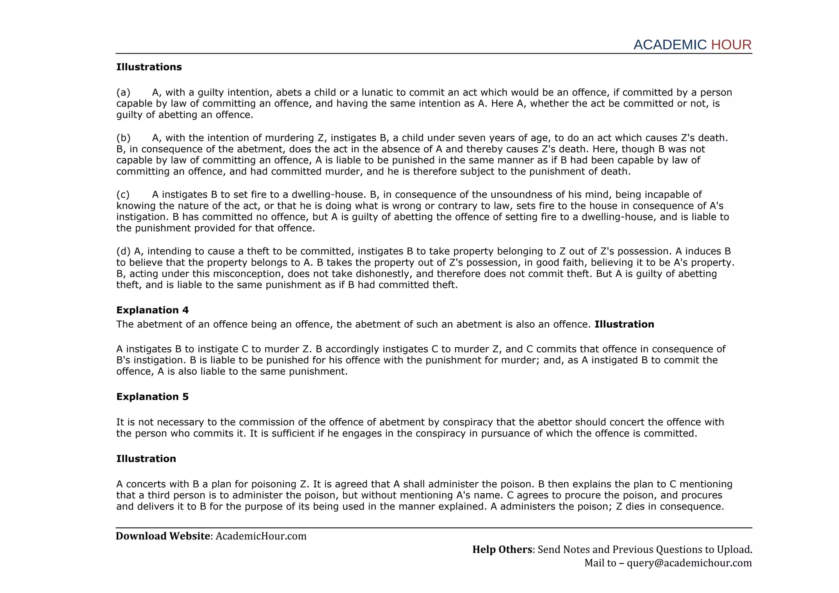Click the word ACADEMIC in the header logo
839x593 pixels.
670,45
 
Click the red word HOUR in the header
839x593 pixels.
731,45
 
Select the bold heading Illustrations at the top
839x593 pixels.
149,67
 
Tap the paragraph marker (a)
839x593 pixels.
123,93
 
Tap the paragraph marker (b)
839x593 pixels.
123,138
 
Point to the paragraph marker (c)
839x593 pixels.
123,195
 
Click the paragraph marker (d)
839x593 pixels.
124,251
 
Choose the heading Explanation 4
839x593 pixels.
152,310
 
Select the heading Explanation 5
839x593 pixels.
152,396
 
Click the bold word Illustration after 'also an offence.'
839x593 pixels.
624,324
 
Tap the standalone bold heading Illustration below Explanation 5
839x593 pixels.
146,459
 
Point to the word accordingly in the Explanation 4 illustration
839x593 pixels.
352,349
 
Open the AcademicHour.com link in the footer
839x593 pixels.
261,536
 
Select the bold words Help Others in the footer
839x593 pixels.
502,550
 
